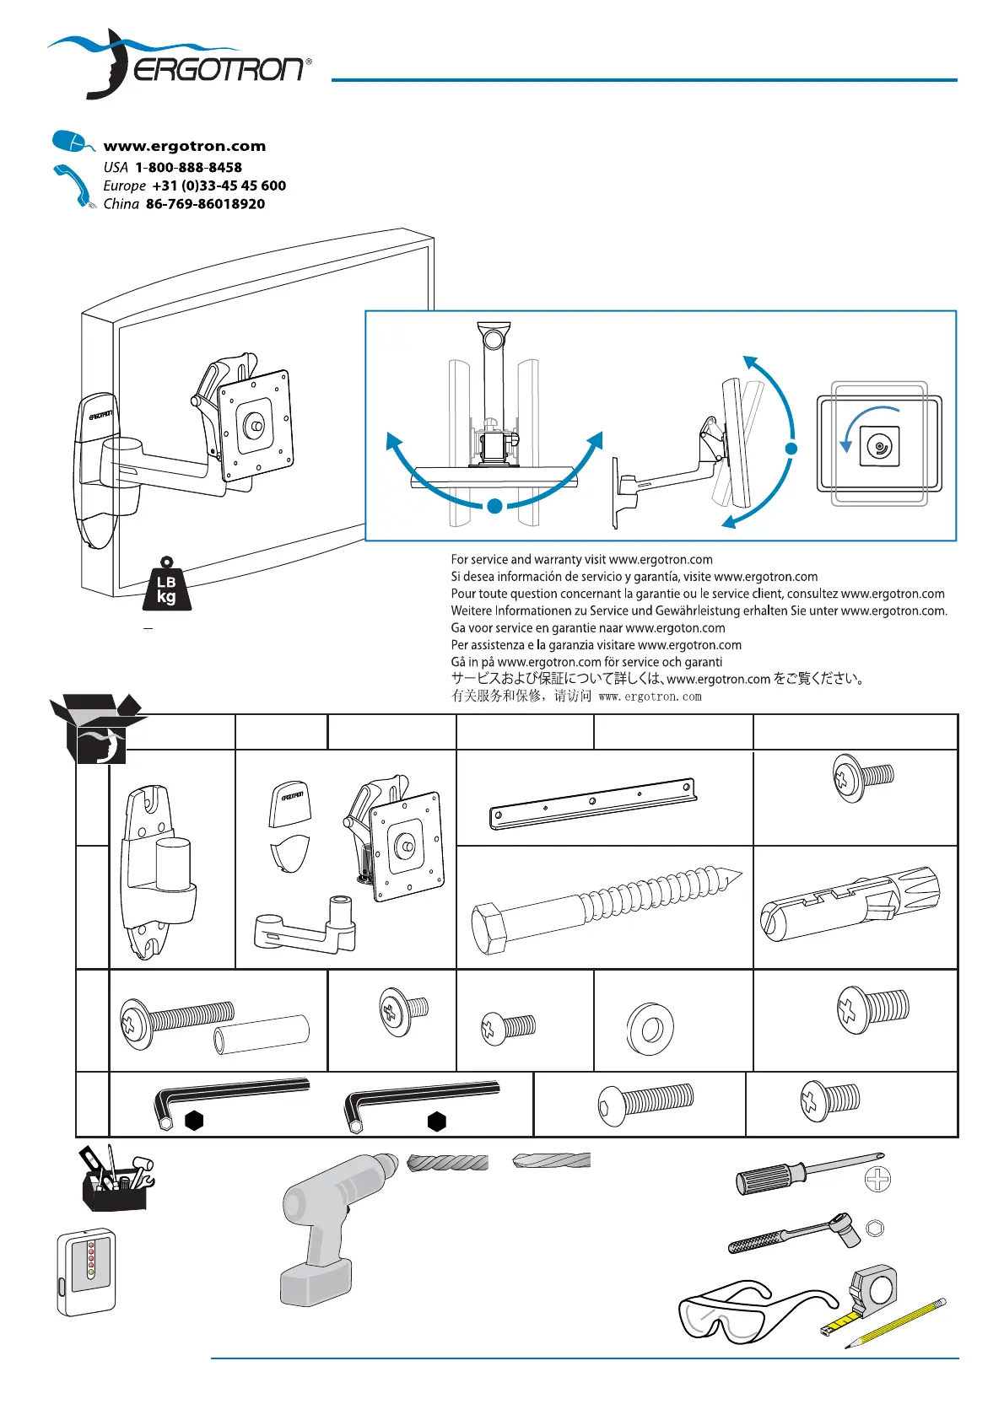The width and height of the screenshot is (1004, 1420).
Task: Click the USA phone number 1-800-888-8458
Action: tap(188, 167)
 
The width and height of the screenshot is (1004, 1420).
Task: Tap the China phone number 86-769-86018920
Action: tap(206, 204)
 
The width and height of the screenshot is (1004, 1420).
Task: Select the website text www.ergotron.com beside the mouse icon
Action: tap(185, 147)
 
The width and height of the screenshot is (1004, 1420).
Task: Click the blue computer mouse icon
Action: tap(72, 141)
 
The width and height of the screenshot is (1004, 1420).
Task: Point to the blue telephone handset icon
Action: tap(73, 186)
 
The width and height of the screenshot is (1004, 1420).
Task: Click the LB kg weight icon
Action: tap(166, 584)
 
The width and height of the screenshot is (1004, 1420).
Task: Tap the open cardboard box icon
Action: tap(96, 728)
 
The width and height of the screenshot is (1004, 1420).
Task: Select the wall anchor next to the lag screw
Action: tap(850, 904)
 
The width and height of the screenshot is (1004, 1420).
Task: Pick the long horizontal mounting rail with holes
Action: tap(593, 804)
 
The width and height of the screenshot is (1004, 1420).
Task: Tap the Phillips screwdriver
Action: tap(808, 1175)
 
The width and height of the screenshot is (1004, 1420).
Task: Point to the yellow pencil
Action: tap(895, 1321)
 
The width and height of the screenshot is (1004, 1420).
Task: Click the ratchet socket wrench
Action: tap(794, 1234)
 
